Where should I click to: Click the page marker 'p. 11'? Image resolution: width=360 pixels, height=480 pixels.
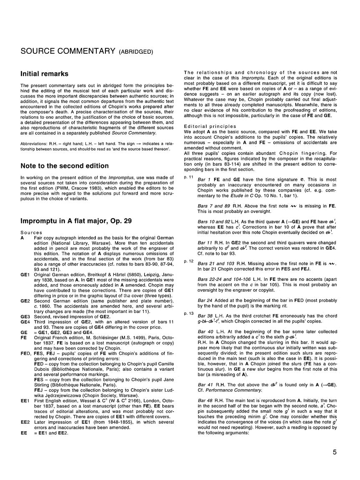click(188, 177)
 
